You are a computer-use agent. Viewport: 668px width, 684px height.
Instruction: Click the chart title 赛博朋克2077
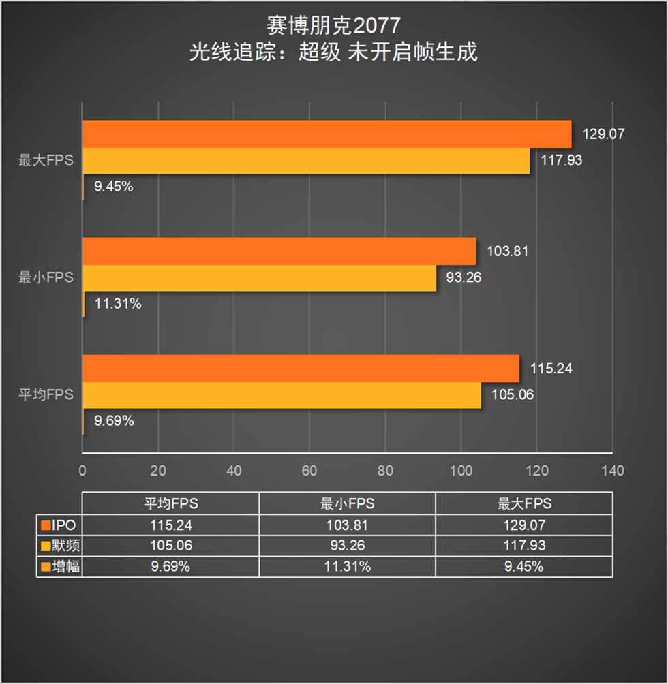pyautogui.click(x=333, y=25)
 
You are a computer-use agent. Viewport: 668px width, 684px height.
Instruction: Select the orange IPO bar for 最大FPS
pyautogui.click(x=327, y=134)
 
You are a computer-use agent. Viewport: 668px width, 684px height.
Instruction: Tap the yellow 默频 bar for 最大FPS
pyautogui.click(x=306, y=161)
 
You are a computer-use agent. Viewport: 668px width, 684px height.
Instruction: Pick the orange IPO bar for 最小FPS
pyautogui.click(x=279, y=251)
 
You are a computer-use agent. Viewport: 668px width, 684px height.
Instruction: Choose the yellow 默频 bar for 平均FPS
pyautogui.click(x=282, y=395)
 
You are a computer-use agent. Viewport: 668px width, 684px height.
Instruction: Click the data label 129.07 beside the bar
pyautogui.click(x=604, y=134)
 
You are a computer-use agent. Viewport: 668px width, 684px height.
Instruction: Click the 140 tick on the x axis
pyautogui.click(x=612, y=471)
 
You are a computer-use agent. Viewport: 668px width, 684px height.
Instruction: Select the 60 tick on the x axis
pyautogui.click(x=309, y=471)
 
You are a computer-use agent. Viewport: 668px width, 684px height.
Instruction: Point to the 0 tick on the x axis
pyautogui.click(x=82, y=471)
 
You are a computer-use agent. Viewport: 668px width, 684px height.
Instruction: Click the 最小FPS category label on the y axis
pyautogui.click(x=46, y=278)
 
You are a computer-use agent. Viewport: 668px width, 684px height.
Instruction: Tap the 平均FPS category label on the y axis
pyautogui.click(x=46, y=395)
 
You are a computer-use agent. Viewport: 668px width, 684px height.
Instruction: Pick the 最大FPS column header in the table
pyautogui.click(x=523, y=504)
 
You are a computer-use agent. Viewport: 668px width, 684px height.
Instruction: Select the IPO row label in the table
pyautogui.click(x=66, y=525)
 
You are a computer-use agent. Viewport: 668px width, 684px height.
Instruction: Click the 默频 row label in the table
pyautogui.click(x=66, y=546)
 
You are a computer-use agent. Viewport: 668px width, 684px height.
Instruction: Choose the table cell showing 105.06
pyautogui.click(x=170, y=546)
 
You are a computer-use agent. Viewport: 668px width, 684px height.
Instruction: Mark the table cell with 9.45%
pyautogui.click(x=523, y=566)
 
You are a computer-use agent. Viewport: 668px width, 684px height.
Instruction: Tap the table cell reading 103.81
pyautogui.click(x=347, y=525)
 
